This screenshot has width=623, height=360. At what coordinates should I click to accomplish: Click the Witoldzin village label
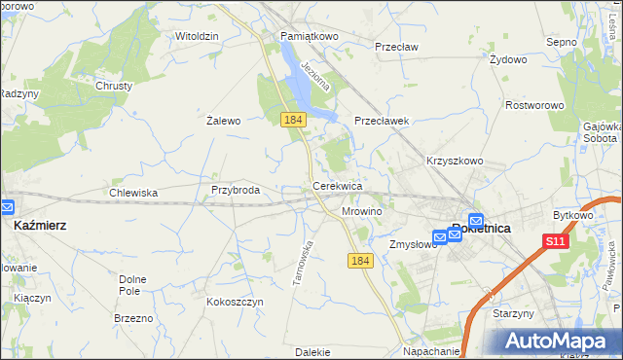197,36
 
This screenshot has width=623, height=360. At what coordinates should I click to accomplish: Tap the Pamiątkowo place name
309,36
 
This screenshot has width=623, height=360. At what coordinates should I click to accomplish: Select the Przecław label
396,46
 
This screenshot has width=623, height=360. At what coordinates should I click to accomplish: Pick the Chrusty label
113,86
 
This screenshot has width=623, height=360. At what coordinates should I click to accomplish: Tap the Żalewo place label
223,122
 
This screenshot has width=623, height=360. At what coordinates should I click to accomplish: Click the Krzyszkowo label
455,161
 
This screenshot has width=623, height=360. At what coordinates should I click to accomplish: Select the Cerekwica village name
337,185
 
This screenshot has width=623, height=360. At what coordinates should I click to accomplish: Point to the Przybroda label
235,191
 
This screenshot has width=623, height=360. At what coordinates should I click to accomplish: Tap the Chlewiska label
133,193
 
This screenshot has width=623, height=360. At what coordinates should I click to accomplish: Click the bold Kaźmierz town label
41,225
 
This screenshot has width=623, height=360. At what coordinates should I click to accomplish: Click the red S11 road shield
555,241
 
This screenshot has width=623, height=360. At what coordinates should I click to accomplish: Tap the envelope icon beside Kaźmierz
8,207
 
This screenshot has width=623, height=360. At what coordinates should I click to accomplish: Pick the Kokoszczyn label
235,302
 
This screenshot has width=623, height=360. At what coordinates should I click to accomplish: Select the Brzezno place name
133,318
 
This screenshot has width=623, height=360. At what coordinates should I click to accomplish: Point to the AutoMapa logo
559,341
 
